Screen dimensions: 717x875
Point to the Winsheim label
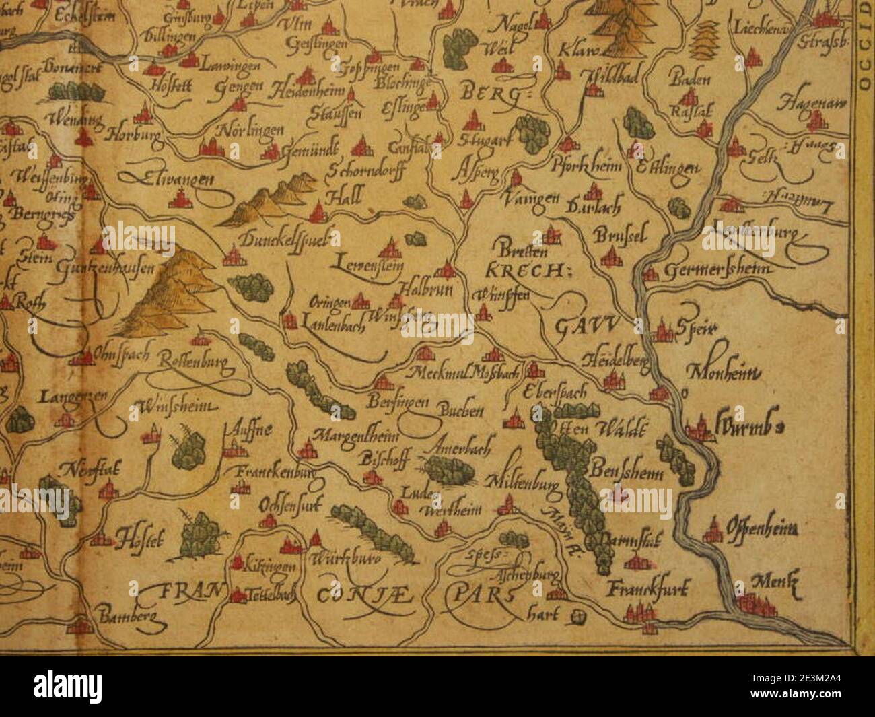click(x=176, y=406)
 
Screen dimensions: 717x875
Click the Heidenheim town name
click(x=308, y=92)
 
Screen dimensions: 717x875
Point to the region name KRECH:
click(x=526, y=271)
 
